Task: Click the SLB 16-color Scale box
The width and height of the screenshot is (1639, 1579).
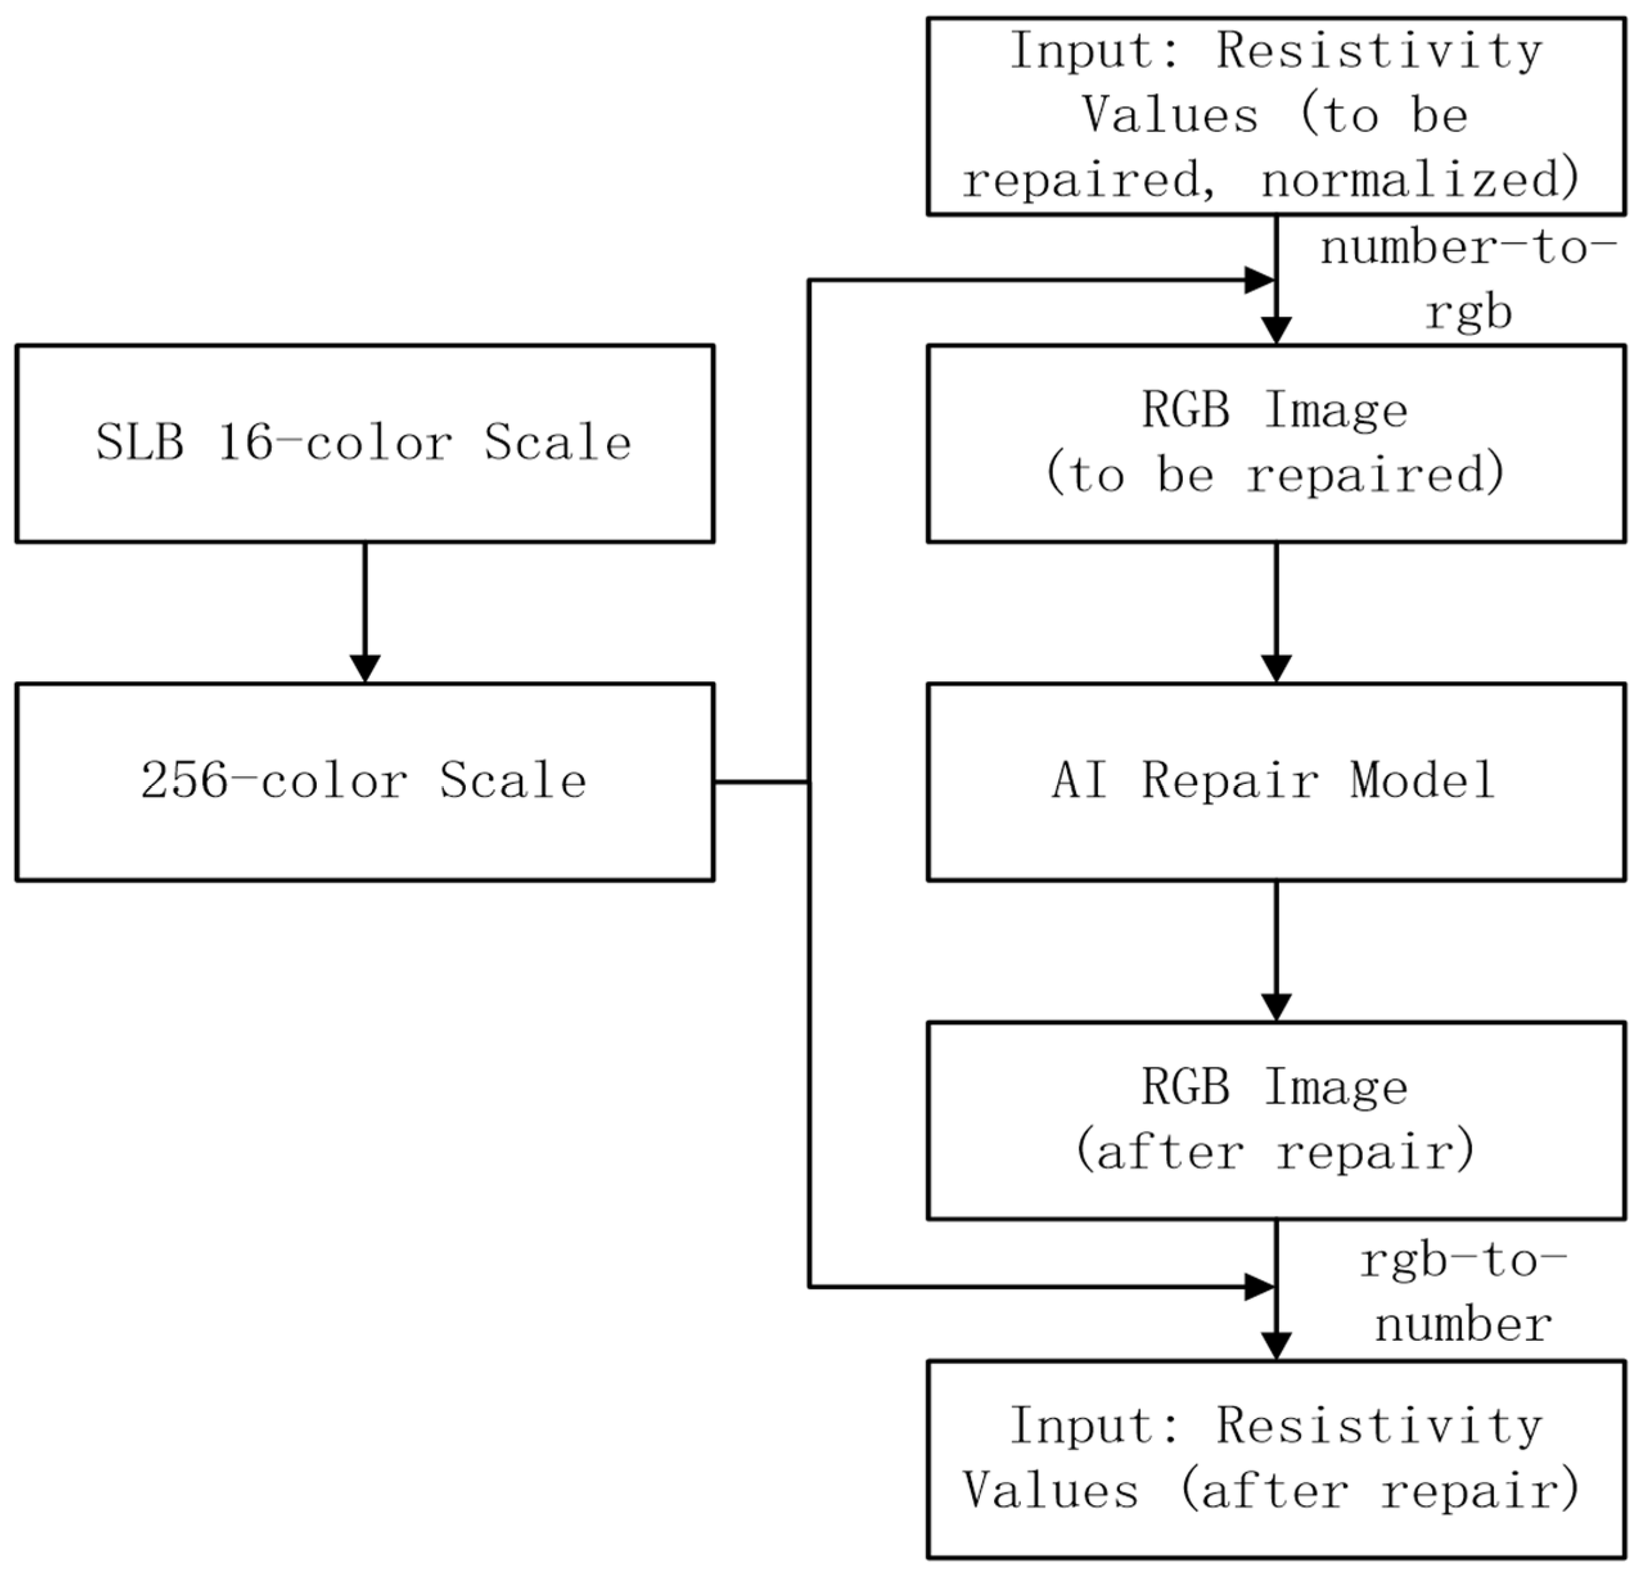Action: (x=364, y=443)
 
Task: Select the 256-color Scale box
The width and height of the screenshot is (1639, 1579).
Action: (x=364, y=781)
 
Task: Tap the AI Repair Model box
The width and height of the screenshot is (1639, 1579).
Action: (x=1276, y=781)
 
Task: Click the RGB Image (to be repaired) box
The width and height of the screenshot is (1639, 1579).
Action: (x=1276, y=443)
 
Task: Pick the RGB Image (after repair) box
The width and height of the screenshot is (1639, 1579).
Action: (x=1276, y=1120)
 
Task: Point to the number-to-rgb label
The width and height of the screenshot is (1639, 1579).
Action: (x=1467, y=280)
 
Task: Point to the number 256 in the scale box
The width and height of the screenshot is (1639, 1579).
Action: (x=184, y=781)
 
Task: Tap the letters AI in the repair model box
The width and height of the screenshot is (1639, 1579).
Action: (x=1079, y=781)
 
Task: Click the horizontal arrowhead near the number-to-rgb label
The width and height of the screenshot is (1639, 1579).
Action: (x=1259, y=281)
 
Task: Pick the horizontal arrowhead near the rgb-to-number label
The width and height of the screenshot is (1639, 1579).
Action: (x=1259, y=1288)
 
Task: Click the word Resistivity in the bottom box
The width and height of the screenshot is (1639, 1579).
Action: (x=1380, y=1425)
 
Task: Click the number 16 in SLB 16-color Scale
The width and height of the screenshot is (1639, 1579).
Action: (x=245, y=443)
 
